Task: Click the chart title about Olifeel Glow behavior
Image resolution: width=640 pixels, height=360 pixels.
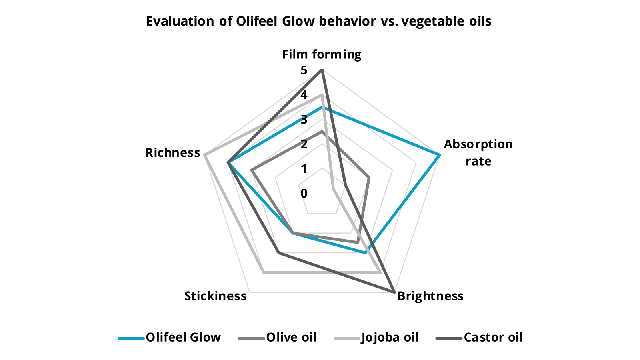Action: [x=318, y=21]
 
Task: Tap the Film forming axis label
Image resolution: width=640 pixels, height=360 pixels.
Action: [x=322, y=54]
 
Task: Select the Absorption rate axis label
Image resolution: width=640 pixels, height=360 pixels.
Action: [x=478, y=152]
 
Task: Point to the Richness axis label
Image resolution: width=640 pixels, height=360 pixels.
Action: [x=173, y=152]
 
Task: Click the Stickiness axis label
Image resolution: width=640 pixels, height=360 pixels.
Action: [x=216, y=296]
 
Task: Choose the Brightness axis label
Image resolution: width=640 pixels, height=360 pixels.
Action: [x=430, y=296]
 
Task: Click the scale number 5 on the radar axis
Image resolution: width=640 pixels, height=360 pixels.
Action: [x=304, y=70]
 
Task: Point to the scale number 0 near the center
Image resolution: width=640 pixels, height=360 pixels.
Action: [x=304, y=194]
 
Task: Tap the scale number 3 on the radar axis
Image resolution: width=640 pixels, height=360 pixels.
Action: [x=304, y=120]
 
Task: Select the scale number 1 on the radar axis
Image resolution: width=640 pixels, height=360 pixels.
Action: [x=304, y=169]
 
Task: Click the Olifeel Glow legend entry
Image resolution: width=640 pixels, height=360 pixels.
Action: [x=170, y=338]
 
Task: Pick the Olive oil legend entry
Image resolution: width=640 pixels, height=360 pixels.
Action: [x=277, y=338]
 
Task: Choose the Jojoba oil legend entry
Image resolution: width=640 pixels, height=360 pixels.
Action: [x=376, y=338]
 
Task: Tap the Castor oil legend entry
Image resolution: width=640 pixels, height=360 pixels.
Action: [x=479, y=338]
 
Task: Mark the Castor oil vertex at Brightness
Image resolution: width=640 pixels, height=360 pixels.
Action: [x=394, y=292]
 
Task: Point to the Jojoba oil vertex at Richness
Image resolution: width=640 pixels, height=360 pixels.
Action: [x=204, y=155]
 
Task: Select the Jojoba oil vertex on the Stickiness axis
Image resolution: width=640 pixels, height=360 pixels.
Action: [x=264, y=273]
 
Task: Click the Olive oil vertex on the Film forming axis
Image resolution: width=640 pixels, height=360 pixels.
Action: [x=322, y=132]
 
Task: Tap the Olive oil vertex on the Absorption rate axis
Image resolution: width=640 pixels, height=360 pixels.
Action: [x=369, y=178]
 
